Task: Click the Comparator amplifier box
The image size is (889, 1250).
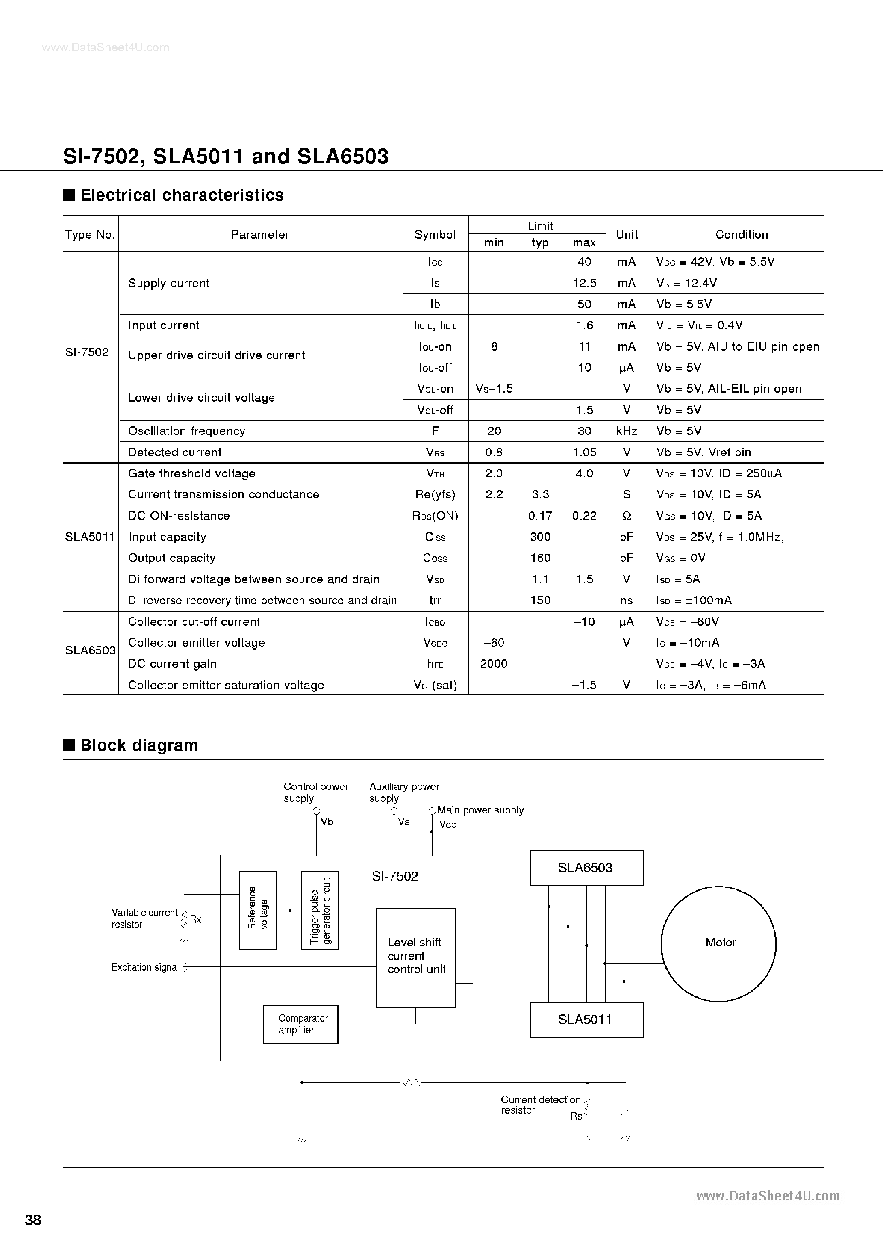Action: pos(300,1024)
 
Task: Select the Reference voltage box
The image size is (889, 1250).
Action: pos(258,910)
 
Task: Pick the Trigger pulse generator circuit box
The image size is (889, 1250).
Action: pos(320,910)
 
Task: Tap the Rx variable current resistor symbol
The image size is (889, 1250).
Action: pos(184,919)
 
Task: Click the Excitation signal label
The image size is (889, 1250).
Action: pos(145,967)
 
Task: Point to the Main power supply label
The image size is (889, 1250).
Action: pos(480,810)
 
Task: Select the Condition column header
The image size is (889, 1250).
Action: pos(741,234)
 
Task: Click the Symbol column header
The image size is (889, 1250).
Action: pos(435,234)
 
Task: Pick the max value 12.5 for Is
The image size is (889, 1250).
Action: pos(584,283)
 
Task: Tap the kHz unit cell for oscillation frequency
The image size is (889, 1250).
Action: pos(626,431)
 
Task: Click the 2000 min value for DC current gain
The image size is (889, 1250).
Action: pos(494,664)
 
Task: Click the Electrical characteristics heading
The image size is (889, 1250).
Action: pos(182,195)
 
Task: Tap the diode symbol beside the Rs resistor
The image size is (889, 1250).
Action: pos(625,1112)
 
